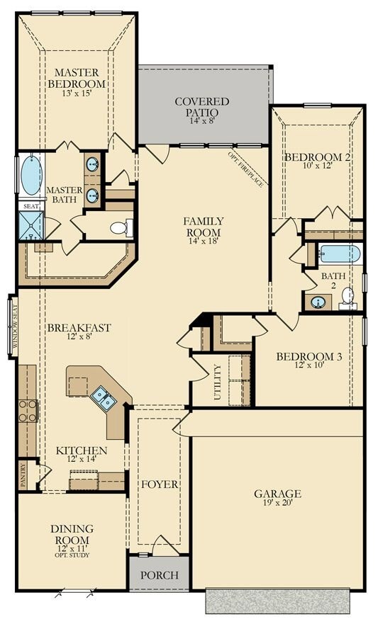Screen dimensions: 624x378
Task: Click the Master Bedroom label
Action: tap(77, 78)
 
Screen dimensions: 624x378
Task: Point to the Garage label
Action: tap(277, 494)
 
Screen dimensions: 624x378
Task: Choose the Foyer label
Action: tap(159, 484)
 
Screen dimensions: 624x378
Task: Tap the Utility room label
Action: tap(218, 382)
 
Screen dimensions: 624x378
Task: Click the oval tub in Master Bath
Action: tap(30, 175)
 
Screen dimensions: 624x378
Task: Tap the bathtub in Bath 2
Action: tap(340, 253)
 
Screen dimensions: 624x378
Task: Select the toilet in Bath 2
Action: tap(348, 297)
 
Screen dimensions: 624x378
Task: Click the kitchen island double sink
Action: tap(103, 398)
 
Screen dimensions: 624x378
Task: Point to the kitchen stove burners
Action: tap(27, 410)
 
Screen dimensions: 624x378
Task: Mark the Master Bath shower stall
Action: tap(30, 225)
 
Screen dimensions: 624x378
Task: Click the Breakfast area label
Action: tap(79, 327)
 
